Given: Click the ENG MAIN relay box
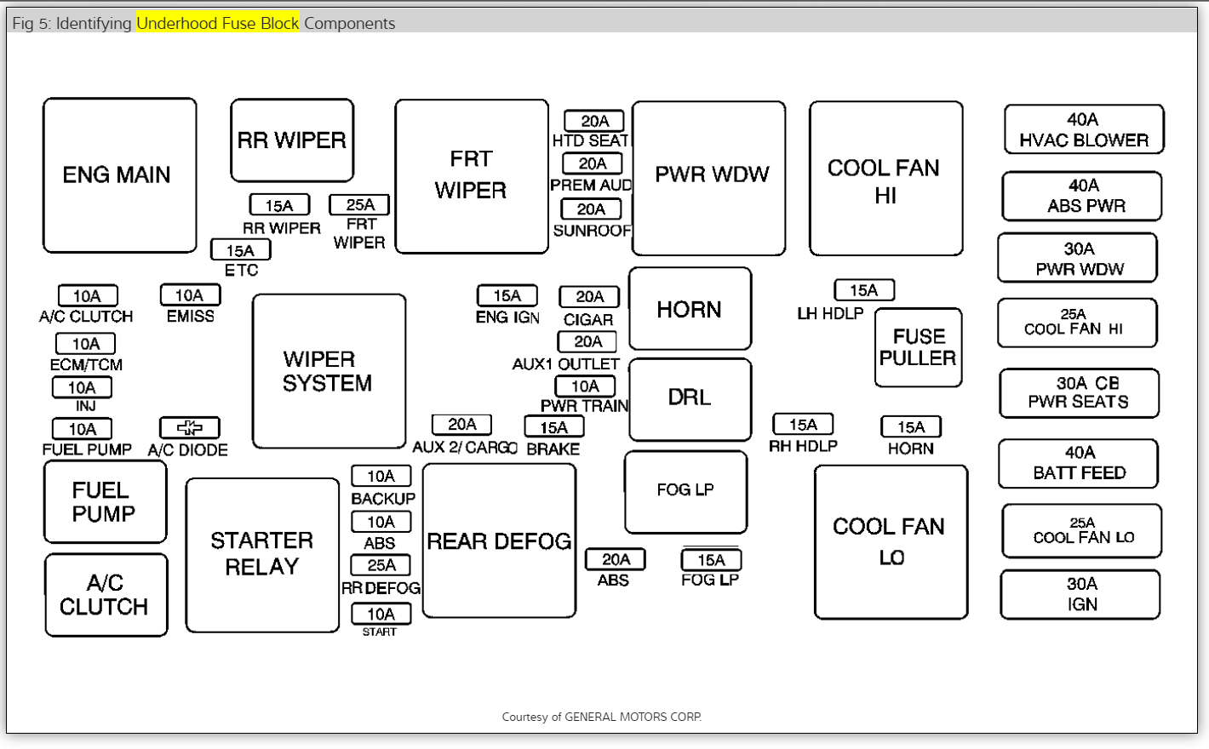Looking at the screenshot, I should pyautogui.click(x=119, y=175).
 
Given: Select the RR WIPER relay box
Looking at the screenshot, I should pyautogui.click(x=292, y=140).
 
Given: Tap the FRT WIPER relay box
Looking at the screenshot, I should pyautogui.click(x=472, y=176).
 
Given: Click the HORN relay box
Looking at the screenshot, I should pyautogui.click(x=690, y=309).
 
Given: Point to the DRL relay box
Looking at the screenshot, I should pyautogui.click(x=690, y=398).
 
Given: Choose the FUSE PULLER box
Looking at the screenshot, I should pyautogui.click(x=918, y=347).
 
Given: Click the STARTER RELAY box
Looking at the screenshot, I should pyautogui.click(x=262, y=555).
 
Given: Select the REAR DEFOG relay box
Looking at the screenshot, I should pyautogui.click(x=499, y=541).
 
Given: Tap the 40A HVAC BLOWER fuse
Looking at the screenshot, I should pyautogui.click(x=1084, y=129).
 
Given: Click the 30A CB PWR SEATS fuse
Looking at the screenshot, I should pyautogui.click(x=1079, y=393).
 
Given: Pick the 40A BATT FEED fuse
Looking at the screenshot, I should pyautogui.click(x=1079, y=463).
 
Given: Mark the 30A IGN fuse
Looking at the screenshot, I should pyautogui.click(x=1081, y=594).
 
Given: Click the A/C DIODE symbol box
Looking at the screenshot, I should pyautogui.click(x=189, y=427).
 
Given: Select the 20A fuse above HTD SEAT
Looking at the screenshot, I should pyautogui.click(x=593, y=121).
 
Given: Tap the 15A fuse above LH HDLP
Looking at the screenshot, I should pyautogui.click(x=863, y=290).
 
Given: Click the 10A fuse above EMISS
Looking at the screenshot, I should pyautogui.click(x=190, y=295).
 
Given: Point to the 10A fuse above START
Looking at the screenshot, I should pyautogui.click(x=381, y=614).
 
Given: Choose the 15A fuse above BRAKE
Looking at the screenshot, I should pyautogui.click(x=553, y=426).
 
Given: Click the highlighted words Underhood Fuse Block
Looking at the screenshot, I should pyautogui.click(x=218, y=23).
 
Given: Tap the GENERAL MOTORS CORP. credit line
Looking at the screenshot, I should pyautogui.click(x=601, y=717).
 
